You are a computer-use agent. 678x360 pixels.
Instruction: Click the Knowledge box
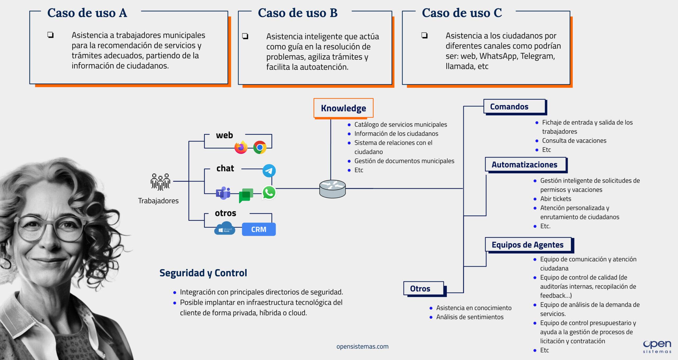click(x=343, y=108)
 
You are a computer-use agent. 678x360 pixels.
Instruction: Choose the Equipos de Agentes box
click(x=528, y=245)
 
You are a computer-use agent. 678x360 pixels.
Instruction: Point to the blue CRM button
click(x=259, y=229)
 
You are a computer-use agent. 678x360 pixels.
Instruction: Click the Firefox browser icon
click(x=241, y=148)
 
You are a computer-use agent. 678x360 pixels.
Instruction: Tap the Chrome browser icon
click(x=260, y=147)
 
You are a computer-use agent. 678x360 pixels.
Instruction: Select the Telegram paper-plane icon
click(x=269, y=171)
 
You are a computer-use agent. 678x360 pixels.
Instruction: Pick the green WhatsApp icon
click(x=269, y=193)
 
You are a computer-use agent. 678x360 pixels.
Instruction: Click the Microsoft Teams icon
click(x=223, y=193)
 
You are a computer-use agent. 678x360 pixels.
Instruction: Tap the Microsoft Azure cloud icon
click(x=225, y=229)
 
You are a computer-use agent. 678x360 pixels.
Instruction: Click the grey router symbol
click(x=332, y=189)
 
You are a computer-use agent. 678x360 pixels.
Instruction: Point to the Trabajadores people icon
click(x=160, y=182)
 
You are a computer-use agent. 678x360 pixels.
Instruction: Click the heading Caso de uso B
click(x=298, y=13)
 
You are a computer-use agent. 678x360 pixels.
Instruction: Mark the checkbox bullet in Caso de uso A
click(x=50, y=35)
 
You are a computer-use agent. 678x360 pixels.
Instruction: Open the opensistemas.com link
click(x=362, y=346)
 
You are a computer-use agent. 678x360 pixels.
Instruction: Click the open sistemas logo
click(x=657, y=346)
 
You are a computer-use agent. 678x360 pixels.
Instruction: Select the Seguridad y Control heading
click(x=203, y=273)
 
